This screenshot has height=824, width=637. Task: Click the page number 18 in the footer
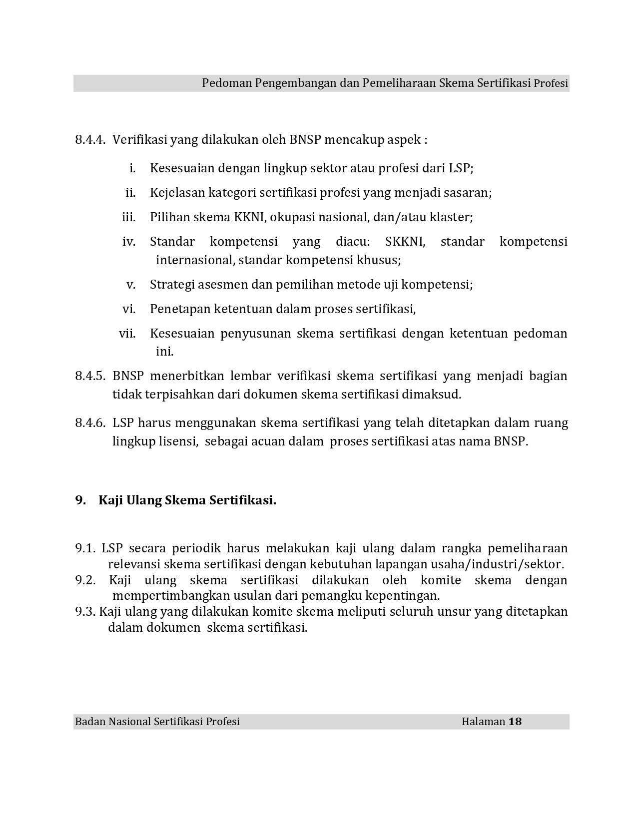click(515, 722)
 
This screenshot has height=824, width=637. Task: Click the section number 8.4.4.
click(90, 140)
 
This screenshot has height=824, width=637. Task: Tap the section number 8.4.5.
click(90, 376)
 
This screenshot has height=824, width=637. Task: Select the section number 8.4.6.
click(90, 423)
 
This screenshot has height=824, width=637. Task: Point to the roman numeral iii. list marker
click(129, 217)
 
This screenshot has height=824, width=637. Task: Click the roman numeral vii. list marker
click(127, 333)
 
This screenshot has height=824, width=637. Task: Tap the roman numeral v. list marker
click(131, 285)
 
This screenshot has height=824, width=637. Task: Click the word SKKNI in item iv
click(405, 242)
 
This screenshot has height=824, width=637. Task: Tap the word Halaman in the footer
click(483, 722)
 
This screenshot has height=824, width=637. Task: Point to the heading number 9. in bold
click(80, 500)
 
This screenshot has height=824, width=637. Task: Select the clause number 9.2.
click(85, 580)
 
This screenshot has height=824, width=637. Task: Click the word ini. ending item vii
click(164, 352)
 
